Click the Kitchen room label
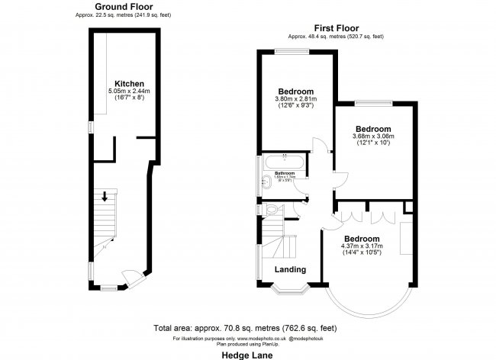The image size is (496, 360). coord(129,83)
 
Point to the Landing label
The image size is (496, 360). coord(290,269)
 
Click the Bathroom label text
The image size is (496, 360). coord(284,174)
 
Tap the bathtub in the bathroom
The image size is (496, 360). coord(283,162)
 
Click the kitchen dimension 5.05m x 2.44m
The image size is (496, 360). coord(129,92)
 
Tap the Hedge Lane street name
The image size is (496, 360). coord(249,354)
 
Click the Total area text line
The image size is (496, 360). coord(248,328)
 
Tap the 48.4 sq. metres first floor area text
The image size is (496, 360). coord(337,36)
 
